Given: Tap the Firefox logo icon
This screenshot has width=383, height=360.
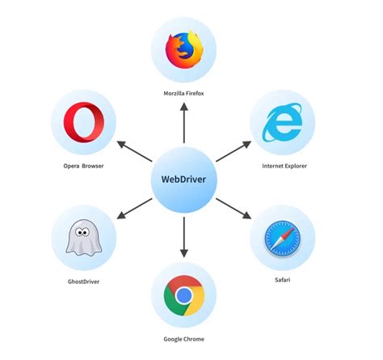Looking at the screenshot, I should click(x=185, y=49).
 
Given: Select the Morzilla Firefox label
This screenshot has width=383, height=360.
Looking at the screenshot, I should click(x=185, y=94).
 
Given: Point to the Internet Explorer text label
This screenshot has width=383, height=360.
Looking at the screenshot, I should click(x=284, y=166).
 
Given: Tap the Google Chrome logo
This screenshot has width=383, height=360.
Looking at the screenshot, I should click(x=185, y=295).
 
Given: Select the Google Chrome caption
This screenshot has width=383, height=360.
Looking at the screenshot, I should click(x=185, y=340).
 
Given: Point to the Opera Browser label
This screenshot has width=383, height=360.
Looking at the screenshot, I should click(x=84, y=167).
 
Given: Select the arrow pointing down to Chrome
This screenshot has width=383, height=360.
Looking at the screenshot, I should click(x=185, y=235).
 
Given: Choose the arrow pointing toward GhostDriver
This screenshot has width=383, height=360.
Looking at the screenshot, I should click(x=133, y=208).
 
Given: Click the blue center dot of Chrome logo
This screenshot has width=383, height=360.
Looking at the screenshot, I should click(x=185, y=295).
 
